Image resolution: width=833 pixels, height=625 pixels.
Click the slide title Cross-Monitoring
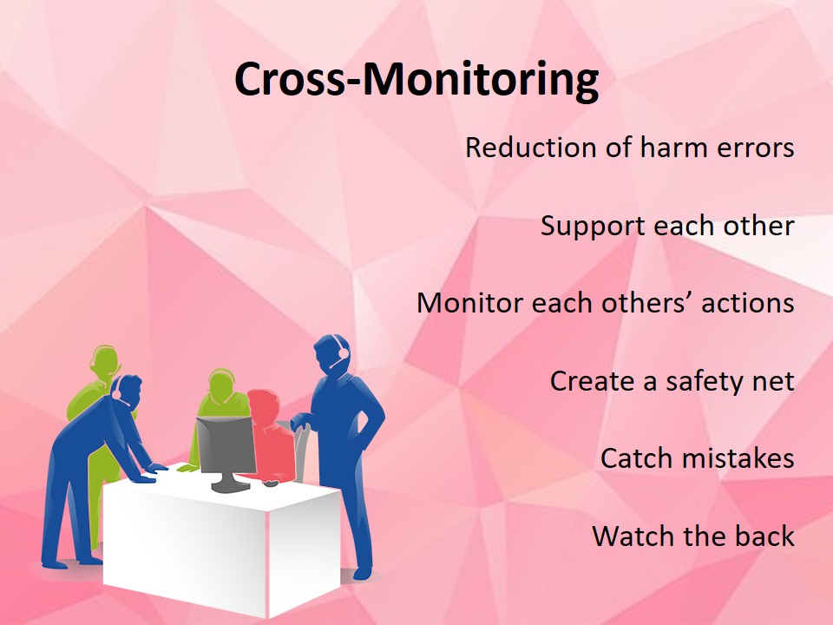pos(416,80)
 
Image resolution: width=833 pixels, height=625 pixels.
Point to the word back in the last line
pos(764,536)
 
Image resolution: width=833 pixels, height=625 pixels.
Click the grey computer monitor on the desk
pos(226,451)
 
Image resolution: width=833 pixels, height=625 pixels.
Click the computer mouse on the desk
pos(271,484)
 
